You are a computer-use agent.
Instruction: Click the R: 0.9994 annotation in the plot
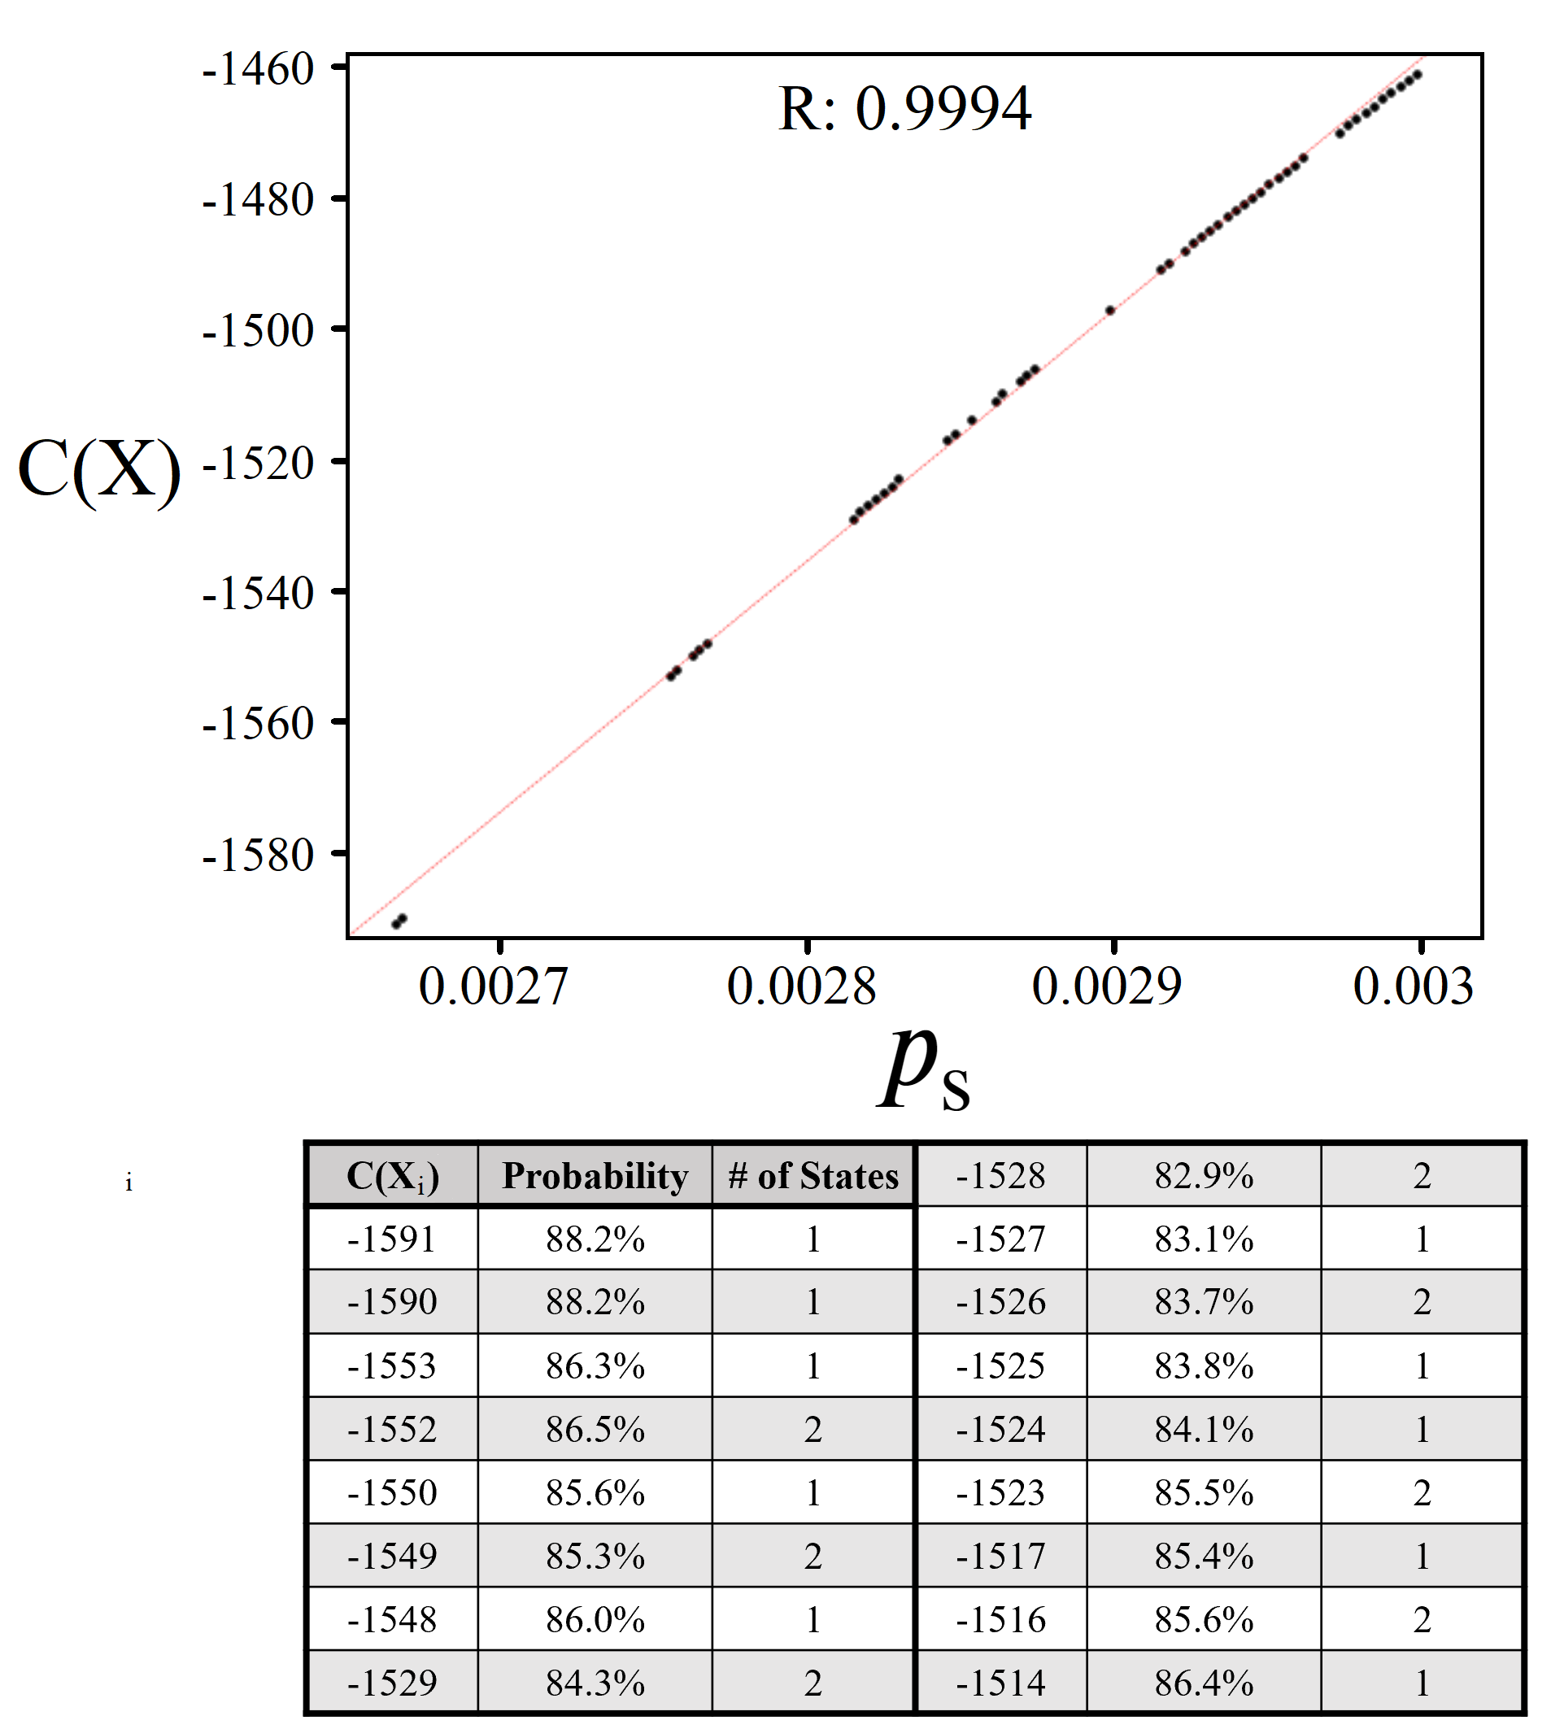coord(904,109)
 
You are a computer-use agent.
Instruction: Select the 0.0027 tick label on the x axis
coord(493,987)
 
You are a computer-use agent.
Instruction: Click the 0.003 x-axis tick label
coord(1413,987)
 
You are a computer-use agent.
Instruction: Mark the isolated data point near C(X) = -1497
coord(1109,311)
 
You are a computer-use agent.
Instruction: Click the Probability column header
coord(595,1176)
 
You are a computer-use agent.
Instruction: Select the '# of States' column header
coord(813,1176)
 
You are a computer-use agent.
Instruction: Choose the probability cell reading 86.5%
coord(595,1429)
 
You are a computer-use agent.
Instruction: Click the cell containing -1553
coord(392,1366)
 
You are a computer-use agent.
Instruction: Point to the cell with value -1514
coord(1000,1683)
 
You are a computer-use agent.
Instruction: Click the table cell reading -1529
coord(392,1683)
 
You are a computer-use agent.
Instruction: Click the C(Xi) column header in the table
coord(392,1176)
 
